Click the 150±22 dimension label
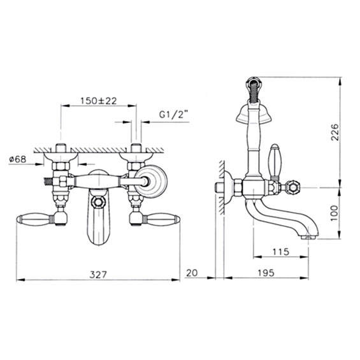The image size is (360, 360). coord(99,101)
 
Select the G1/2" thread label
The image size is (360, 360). coord(173,114)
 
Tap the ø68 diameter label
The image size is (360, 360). coord(18,159)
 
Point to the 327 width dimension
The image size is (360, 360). coord(98,275)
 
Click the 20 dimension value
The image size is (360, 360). coord(192,273)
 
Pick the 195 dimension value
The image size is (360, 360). coord(266,273)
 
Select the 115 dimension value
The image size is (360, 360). coord(281,252)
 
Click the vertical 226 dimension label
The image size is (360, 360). coord(335,133)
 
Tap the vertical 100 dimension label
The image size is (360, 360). coord(335,213)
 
